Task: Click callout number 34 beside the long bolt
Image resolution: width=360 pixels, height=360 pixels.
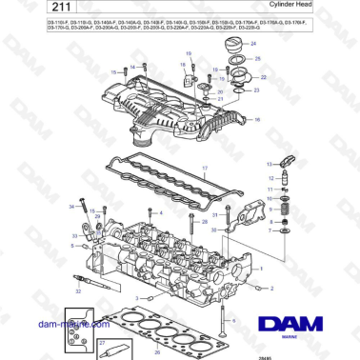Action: tap(70, 206)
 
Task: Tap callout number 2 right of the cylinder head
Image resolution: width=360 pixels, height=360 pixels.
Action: tap(271, 287)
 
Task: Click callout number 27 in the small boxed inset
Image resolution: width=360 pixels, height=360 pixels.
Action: tap(102, 341)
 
